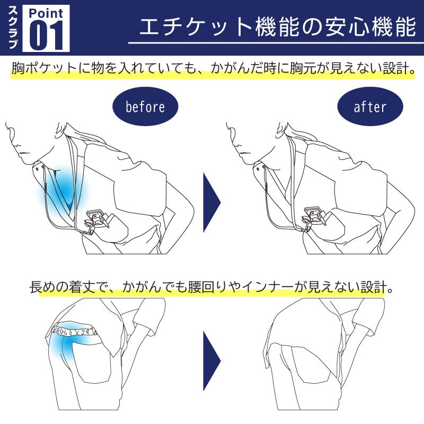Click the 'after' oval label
(369, 107)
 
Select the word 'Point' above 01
(46, 12)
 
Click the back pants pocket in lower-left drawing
(90, 366)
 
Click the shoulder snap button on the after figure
(263, 167)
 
